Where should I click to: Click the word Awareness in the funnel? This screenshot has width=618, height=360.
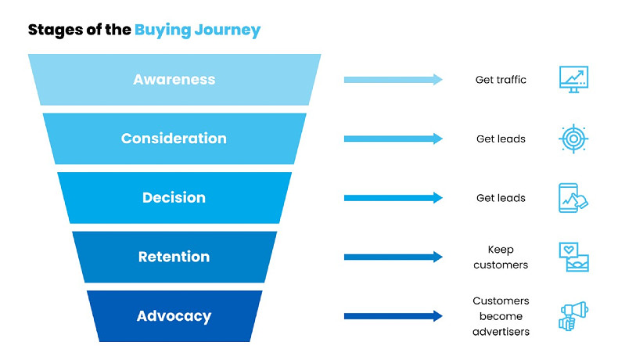click(x=174, y=80)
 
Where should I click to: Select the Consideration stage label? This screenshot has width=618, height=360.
click(x=174, y=139)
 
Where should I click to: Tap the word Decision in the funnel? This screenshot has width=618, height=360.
click(x=174, y=198)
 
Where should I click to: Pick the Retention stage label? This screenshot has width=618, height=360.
click(x=174, y=257)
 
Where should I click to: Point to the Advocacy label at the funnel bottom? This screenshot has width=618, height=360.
click(x=174, y=316)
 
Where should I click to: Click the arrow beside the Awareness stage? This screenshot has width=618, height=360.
click(x=393, y=80)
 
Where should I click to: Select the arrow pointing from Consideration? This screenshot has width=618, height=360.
click(x=393, y=139)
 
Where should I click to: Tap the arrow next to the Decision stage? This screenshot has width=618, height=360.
click(x=393, y=198)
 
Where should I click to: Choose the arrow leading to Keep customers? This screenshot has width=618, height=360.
click(x=393, y=257)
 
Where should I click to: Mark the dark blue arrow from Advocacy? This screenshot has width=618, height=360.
click(x=393, y=316)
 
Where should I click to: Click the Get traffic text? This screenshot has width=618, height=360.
click(x=501, y=80)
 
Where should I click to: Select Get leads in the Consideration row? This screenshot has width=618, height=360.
click(x=501, y=139)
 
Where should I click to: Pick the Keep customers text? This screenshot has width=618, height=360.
click(x=501, y=257)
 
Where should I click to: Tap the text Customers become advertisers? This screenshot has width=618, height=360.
click(x=501, y=316)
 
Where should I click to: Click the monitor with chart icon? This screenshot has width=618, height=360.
click(x=573, y=79)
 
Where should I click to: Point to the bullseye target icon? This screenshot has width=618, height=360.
click(x=573, y=139)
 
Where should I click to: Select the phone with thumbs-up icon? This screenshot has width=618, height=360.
click(x=573, y=198)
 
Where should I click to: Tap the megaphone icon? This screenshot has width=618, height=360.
click(x=573, y=316)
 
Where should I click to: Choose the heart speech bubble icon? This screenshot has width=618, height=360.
click(x=573, y=257)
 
